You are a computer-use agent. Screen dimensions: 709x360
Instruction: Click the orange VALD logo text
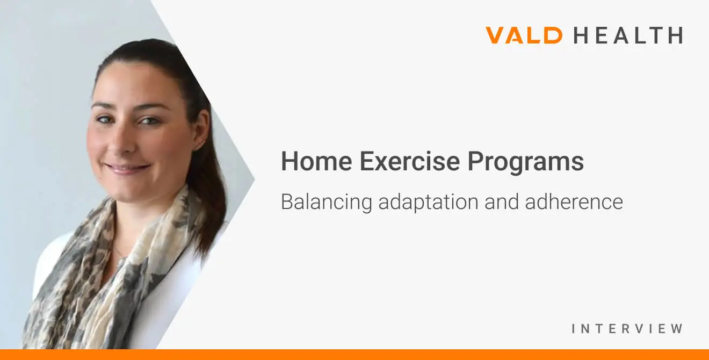coord(524,35)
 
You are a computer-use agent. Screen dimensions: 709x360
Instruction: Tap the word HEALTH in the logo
coord(628,35)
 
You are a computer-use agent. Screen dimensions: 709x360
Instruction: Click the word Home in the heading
coord(316,161)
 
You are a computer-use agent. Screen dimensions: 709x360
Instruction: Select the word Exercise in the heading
coord(410,161)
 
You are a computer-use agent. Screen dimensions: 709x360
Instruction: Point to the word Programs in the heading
coord(526,163)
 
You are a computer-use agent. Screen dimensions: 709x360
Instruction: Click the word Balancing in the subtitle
coord(327,203)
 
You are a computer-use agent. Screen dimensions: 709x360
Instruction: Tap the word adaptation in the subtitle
coord(428,203)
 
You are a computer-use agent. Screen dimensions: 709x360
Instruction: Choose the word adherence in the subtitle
coord(574,201)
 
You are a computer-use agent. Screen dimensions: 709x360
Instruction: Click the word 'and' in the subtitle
coord(502,201)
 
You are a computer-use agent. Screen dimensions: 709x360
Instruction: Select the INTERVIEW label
coord(627,329)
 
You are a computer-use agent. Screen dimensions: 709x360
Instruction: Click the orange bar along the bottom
coord(354,355)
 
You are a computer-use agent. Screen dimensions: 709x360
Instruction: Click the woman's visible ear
coord(201,130)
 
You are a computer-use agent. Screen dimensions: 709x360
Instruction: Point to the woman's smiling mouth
coord(127,168)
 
